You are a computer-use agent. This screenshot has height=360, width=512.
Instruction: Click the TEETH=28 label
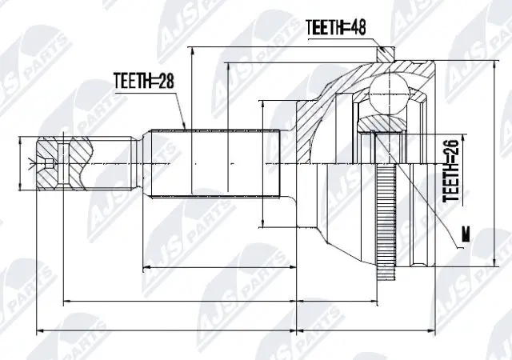point(142,82)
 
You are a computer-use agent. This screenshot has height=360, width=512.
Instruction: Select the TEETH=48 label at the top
point(337,27)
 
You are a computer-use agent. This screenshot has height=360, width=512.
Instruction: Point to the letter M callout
point(464,235)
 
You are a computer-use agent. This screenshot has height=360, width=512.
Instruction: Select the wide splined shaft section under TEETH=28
point(232,165)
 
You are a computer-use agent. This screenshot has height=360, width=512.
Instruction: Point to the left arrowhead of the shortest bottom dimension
point(144,266)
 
